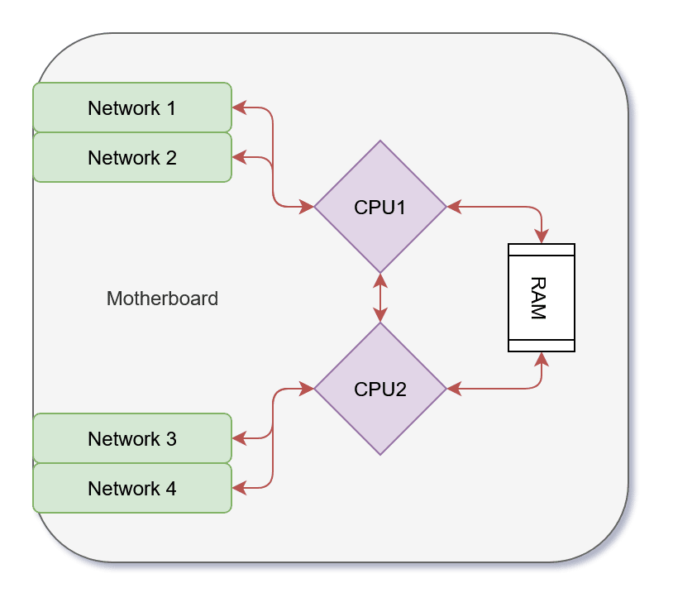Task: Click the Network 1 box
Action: point(131,108)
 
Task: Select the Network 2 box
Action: point(131,157)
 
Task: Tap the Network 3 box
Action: point(131,438)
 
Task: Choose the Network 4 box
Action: point(131,488)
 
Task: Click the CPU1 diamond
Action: point(380,207)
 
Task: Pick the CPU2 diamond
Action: point(380,389)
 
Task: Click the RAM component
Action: point(542,298)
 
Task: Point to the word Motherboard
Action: point(162,299)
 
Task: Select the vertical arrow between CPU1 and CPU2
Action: point(380,298)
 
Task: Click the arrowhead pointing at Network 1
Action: point(238,108)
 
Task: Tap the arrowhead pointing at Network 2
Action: point(238,157)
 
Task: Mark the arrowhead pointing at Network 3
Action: point(238,438)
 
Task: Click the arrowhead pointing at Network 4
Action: point(238,488)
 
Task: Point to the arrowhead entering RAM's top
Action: point(542,237)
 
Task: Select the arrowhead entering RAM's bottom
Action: point(542,358)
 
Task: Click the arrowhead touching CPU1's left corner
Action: point(308,207)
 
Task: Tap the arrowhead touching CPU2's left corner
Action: point(308,389)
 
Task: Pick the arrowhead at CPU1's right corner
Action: point(453,207)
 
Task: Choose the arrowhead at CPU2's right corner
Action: point(453,389)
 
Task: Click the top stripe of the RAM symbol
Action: point(542,250)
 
